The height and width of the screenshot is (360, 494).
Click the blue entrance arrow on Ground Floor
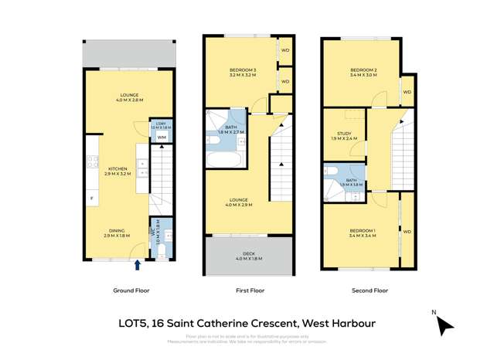pyautogui.click(x=138, y=265)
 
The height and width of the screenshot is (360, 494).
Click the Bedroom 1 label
pyautogui.click(x=363, y=231)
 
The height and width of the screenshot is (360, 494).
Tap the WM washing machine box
pyautogui.click(x=162, y=138)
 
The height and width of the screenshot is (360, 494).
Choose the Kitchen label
pyautogui.click(x=118, y=168)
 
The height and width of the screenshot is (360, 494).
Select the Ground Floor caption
pyautogui.click(x=131, y=290)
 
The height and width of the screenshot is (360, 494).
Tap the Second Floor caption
pyautogui.click(x=370, y=290)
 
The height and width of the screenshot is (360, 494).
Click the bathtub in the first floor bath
pyautogui.click(x=224, y=158)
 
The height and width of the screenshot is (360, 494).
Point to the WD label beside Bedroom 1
pyautogui.click(x=407, y=231)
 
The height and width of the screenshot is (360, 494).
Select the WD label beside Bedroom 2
pyautogui.click(x=407, y=92)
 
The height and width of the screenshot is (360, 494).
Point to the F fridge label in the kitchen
pyautogui.click(x=92, y=200)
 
